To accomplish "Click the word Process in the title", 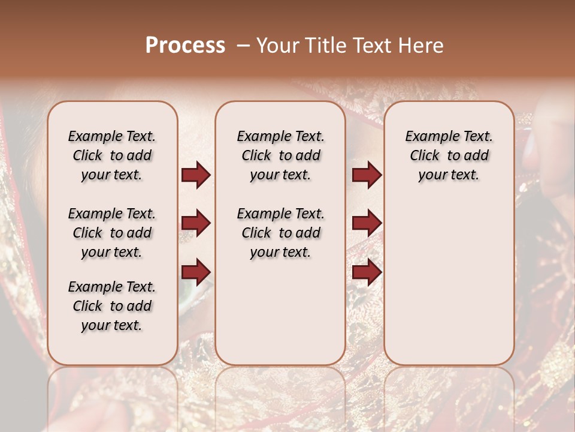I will tap(185, 46).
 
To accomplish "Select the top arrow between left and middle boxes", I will tap(196, 175).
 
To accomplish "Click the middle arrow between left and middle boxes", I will tap(196, 223).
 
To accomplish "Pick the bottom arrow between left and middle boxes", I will tap(196, 272).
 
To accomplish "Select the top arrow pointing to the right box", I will tap(367, 175).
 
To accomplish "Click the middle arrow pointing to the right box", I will tap(367, 223).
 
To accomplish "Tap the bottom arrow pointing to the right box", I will tap(367, 272).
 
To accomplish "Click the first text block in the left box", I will tap(112, 155).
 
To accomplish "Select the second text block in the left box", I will tap(112, 233).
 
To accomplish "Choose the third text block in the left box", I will tap(112, 306).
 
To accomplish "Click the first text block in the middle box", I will tap(280, 155).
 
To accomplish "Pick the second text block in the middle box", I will tap(280, 233).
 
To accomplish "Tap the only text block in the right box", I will tap(449, 155).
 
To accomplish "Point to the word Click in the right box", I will tap(425, 156).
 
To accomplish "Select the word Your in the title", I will tap(276, 46).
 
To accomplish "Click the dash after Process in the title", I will tap(243, 46).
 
